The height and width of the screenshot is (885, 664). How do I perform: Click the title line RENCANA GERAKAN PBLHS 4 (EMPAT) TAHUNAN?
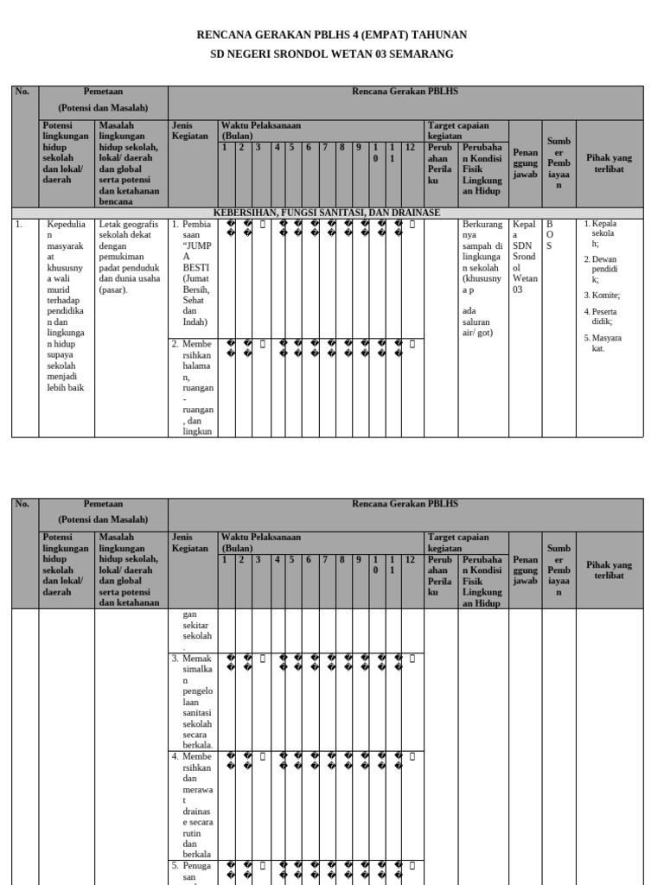pyautogui.click(x=332, y=35)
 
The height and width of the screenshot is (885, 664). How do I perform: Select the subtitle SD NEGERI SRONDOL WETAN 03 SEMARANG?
pyautogui.click(x=332, y=54)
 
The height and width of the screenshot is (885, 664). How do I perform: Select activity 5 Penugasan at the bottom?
pyautogui.click(x=194, y=870)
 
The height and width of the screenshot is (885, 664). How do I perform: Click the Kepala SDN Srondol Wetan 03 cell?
pyautogui.click(x=525, y=257)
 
